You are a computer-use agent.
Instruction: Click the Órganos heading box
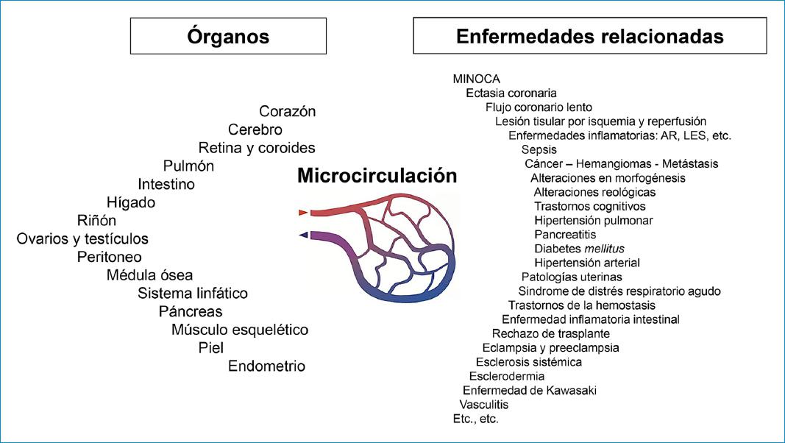click(x=228, y=36)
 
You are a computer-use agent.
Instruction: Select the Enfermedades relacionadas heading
click(x=589, y=36)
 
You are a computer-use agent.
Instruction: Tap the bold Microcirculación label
click(x=377, y=176)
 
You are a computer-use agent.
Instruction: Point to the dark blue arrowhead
click(x=303, y=235)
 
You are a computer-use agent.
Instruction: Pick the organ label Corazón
click(x=287, y=111)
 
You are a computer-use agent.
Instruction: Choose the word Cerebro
click(x=255, y=130)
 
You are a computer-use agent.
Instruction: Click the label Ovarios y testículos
click(x=82, y=238)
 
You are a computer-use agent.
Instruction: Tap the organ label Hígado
click(x=131, y=202)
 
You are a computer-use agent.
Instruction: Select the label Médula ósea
click(x=149, y=275)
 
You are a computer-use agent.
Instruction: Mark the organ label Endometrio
click(x=266, y=366)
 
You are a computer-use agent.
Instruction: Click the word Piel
click(x=210, y=347)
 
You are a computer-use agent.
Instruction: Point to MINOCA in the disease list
click(x=477, y=79)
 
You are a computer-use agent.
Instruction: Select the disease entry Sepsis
click(x=539, y=149)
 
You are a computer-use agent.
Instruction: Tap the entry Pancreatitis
click(x=565, y=234)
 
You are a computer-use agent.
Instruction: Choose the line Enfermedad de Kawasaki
click(x=529, y=390)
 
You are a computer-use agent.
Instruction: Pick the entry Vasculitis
click(x=483, y=404)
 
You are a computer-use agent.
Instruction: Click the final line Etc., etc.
click(x=475, y=419)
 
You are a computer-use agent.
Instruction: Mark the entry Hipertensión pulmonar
click(x=593, y=220)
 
